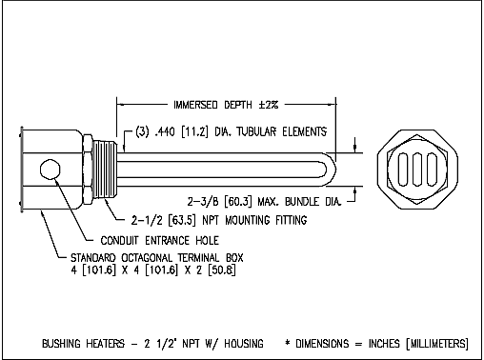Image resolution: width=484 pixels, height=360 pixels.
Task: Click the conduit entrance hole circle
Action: [50, 170]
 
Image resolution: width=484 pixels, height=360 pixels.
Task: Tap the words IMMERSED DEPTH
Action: [212, 105]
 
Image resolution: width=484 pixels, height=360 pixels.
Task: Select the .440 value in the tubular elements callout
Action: [165, 131]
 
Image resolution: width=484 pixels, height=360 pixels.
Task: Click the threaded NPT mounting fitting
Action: [106, 170]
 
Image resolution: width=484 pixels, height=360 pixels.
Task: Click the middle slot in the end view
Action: [417, 170]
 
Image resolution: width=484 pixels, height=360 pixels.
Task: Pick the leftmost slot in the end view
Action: [403, 170]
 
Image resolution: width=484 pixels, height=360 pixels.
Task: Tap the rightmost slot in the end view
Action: [432, 170]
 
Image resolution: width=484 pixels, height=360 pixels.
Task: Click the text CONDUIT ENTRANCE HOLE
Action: [160, 240]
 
